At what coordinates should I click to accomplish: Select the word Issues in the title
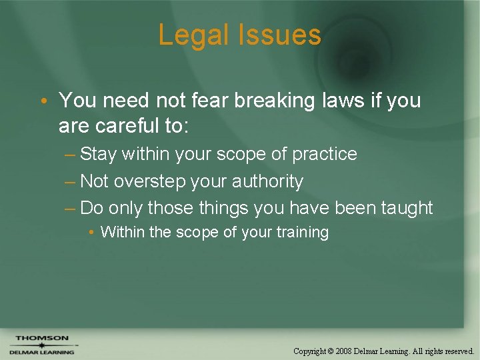pyautogui.click(x=283, y=35)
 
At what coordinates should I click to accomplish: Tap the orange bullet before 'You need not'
pyautogui.click(x=43, y=101)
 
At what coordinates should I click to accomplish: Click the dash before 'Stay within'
pyautogui.click(x=70, y=155)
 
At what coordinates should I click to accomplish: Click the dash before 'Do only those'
pyautogui.click(x=70, y=209)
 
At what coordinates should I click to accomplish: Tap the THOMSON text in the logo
pyautogui.click(x=42, y=338)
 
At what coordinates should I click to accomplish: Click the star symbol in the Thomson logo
pyautogui.click(x=41, y=345)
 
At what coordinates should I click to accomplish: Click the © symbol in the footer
pyautogui.click(x=331, y=351)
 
